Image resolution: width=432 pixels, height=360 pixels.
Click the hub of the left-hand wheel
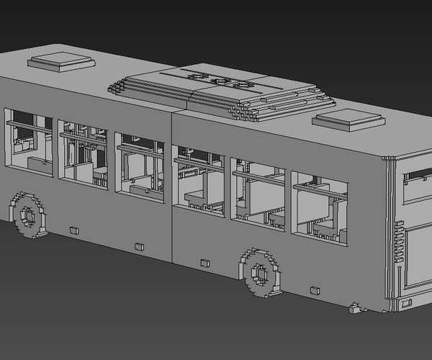(x=28, y=215)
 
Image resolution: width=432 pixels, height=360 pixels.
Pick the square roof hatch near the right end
(x=348, y=119)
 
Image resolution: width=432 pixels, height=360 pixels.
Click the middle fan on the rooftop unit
(x=220, y=81)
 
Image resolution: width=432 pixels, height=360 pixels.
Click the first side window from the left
(x=29, y=141)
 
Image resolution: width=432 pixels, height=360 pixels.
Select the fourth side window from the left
(x=199, y=181)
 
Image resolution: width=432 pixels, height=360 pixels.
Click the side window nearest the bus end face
(x=319, y=206)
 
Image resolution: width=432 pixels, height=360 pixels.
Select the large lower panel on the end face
(x=418, y=256)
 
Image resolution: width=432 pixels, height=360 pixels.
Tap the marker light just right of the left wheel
(x=73, y=230)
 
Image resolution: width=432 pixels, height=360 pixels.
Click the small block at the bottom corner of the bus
(x=354, y=309)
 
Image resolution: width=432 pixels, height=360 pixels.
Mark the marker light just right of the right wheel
(x=314, y=291)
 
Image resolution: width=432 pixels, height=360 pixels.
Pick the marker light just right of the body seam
(x=204, y=263)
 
